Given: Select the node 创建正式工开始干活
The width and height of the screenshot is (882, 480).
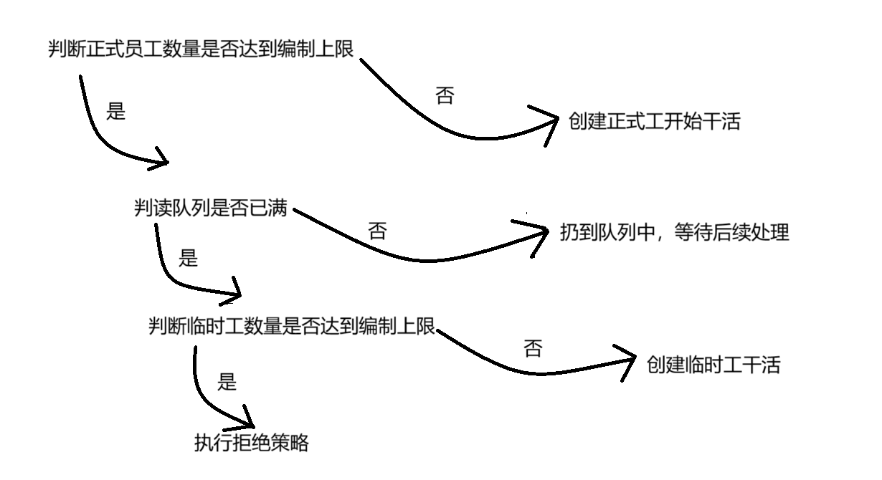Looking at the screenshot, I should pyautogui.click(x=654, y=122).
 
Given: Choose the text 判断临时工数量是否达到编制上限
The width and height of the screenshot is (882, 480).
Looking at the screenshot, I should pyautogui.click(x=291, y=327).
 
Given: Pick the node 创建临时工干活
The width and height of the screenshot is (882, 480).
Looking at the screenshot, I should pyautogui.click(x=713, y=365).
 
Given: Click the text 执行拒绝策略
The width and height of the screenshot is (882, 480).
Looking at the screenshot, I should pyautogui.click(x=251, y=443).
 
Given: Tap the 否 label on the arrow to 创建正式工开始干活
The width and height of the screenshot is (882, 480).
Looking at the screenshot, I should pyautogui.click(x=445, y=96).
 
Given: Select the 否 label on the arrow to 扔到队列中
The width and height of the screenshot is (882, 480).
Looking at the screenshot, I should pyautogui.click(x=377, y=231).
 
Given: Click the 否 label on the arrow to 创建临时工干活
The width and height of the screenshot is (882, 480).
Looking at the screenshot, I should pyautogui.click(x=533, y=349).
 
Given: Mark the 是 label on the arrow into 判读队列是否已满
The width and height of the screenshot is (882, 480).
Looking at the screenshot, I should pyautogui.click(x=115, y=112).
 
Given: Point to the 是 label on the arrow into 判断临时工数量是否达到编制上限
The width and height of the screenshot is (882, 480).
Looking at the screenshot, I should pyautogui.click(x=188, y=258).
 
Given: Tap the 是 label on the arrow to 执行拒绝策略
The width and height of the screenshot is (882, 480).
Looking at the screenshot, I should pyautogui.click(x=227, y=382).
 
